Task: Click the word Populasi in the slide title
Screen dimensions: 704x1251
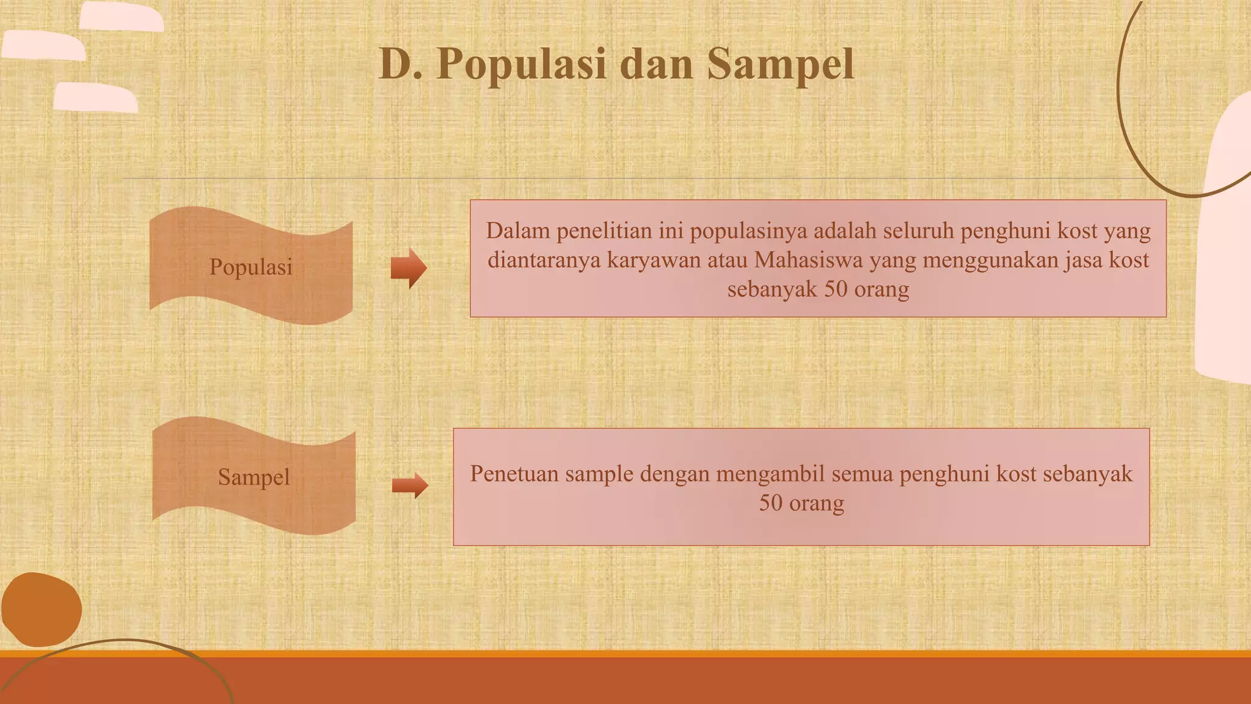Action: pyautogui.click(x=522, y=64)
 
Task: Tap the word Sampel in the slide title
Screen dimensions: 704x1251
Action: pyautogui.click(x=780, y=64)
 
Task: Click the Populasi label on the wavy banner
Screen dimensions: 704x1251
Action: pyautogui.click(x=251, y=267)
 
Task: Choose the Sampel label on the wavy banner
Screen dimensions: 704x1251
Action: pyautogui.click(x=254, y=477)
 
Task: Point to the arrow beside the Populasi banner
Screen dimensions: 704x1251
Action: pyautogui.click(x=409, y=268)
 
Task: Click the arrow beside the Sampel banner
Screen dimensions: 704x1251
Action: pyautogui.click(x=410, y=486)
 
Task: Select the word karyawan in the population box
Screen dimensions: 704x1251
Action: pyautogui.click(x=654, y=260)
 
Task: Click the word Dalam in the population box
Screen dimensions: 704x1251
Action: pyautogui.click(x=517, y=231)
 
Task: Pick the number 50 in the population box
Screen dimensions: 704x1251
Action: pyautogui.click(x=836, y=289)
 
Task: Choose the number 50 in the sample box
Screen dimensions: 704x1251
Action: pyautogui.click(x=771, y=503)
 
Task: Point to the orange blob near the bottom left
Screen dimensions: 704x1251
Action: pyautogui.click(x=41, y=609)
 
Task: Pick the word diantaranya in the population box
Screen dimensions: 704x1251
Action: pyautogui.click(x=544, y=260)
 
